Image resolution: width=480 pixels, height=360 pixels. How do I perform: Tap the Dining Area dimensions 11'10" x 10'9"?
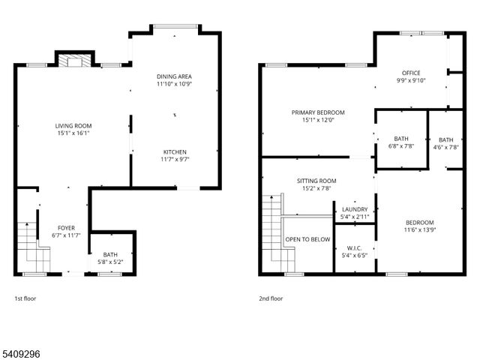[175, 85]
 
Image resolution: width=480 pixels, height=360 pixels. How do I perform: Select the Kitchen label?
[175, 151]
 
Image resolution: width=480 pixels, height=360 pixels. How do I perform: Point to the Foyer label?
[67, 228]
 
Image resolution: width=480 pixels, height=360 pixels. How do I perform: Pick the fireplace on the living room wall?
[75, 61]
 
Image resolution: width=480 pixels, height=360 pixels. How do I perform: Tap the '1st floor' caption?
[25, 298]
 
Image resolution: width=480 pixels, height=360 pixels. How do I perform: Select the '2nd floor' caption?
[271, 298]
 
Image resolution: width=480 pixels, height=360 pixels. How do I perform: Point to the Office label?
[410, 73]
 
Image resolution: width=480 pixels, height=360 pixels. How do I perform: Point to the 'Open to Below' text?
[307, 240]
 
